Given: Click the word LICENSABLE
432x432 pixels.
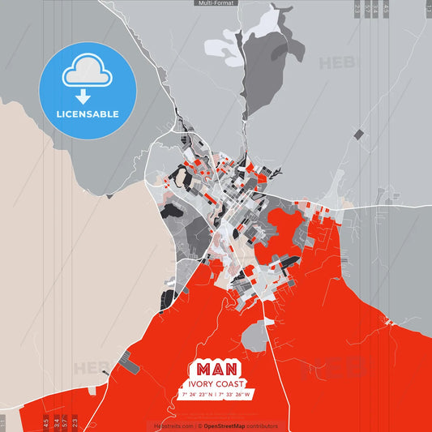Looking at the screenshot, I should click(87, 114).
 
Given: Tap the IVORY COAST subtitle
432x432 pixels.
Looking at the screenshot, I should click(216, 383).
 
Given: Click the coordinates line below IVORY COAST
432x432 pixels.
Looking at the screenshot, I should click(216, 395).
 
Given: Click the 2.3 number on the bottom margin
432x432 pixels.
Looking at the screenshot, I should click(75, 422).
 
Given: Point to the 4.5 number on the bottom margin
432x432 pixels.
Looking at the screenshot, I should click(45, 422).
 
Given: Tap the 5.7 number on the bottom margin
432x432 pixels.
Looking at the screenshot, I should click(64, 422).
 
